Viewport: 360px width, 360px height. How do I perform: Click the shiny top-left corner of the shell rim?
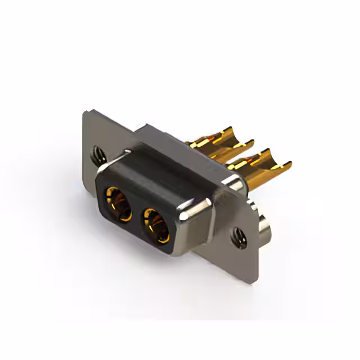coord(104,169)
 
